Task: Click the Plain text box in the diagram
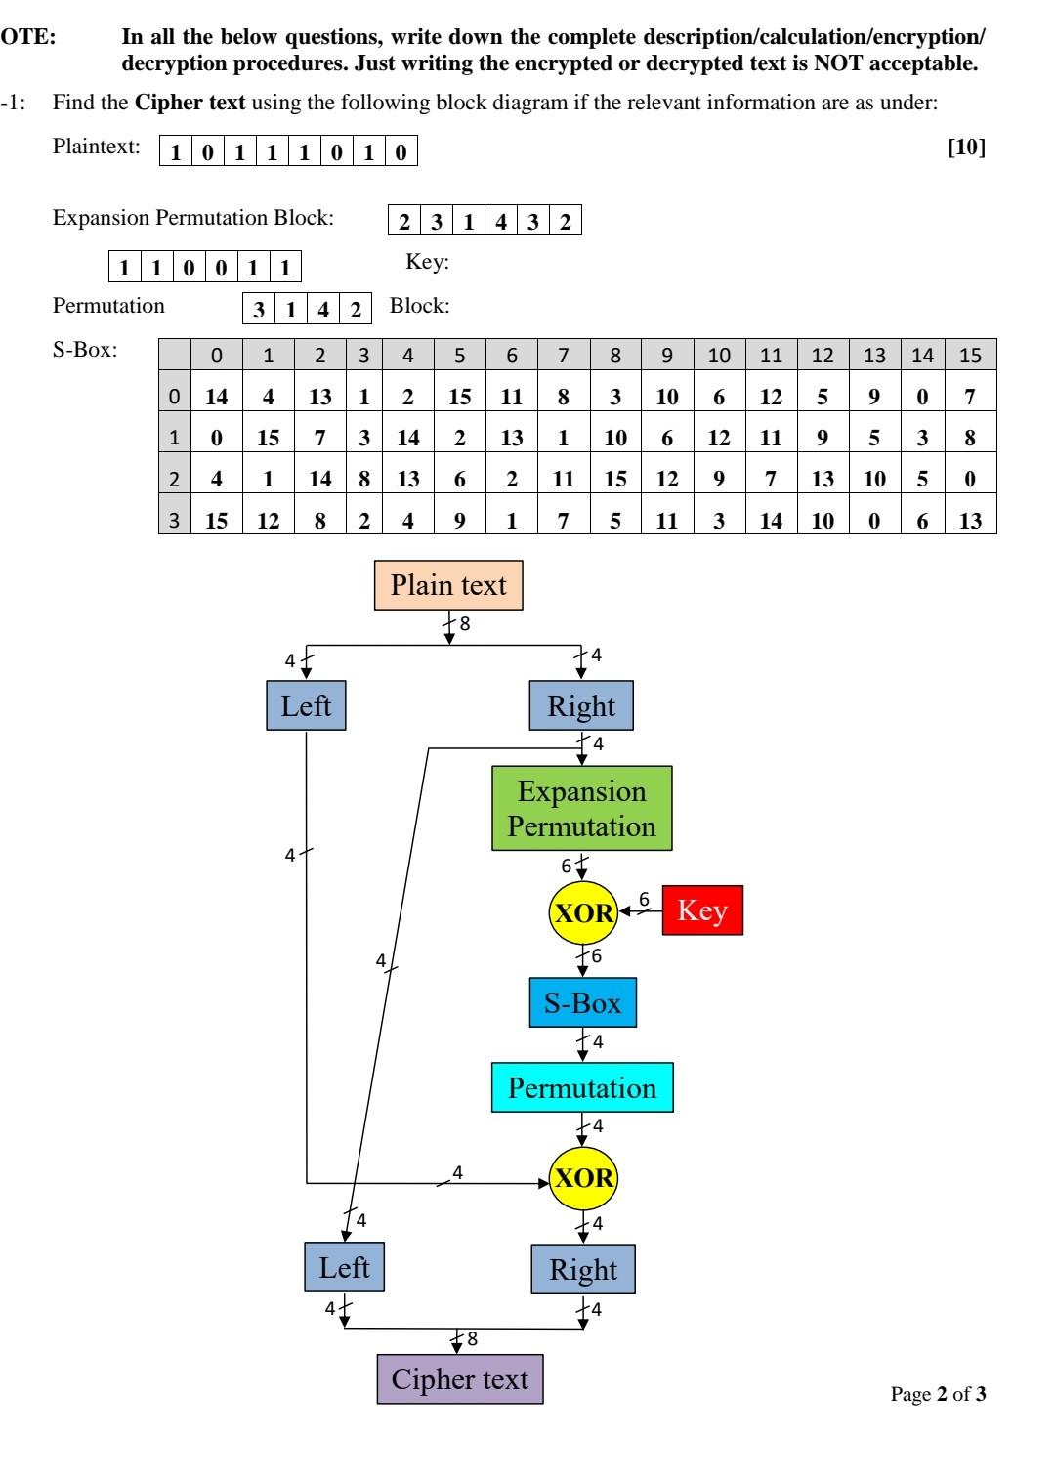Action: pos(448,585)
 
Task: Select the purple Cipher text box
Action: pos(459,1379)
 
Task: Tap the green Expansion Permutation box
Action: pos(581,808)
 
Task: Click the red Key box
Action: pos(702,910)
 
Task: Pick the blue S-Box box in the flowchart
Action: pos(582,1002)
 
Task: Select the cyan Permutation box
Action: pos(582,1088)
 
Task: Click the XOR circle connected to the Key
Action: pos(583,912)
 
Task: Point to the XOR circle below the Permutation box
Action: pos(583,1177)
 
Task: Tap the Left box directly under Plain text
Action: pos(306,705)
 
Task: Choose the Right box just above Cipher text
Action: pos(583,1269)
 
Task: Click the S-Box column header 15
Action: pos(970,356)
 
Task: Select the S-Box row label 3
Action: pos(174,520)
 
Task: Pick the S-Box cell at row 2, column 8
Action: pos(615,479)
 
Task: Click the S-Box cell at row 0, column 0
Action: pos(216,397)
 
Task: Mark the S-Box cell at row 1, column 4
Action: pos(407,438)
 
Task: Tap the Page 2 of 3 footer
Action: pos(938,1394)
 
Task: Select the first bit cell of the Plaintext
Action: pos(176,152)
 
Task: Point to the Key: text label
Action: pos(427,262)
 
